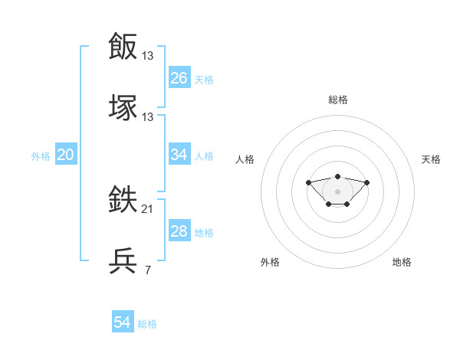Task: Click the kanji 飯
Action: click(123, 46)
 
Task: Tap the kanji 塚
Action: click(123, 107)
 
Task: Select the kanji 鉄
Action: click(123, 201)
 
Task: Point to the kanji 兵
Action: click(123, 261)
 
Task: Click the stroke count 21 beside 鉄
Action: click(148, 209)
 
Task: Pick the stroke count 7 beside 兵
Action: click(147, 270)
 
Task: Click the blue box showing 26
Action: click(179, 77)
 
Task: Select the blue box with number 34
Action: click(179, 155)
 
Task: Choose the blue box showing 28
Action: click(179, 231)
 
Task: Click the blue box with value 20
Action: click(66, 155)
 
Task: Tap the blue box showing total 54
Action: click(123, 322)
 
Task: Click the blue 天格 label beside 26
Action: click(204, 79)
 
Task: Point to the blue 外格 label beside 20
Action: click(41, 156)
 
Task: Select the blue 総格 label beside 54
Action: click(147, 324)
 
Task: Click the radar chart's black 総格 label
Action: click(337, 100)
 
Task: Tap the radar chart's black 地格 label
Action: click(402, 262)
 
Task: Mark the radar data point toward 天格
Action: click(367, 182)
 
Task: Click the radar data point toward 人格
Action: click(308, 182)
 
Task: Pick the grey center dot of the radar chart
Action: click(337, 191)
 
